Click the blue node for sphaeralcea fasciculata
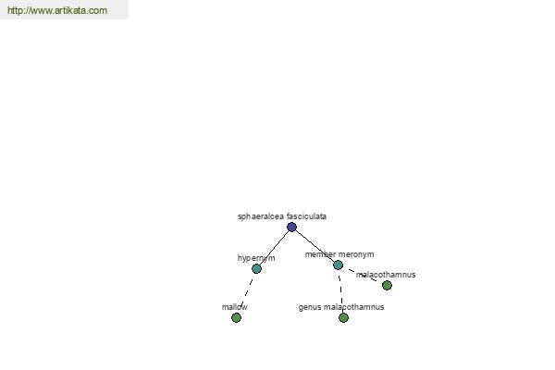(291, 227)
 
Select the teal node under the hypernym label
(256, 269)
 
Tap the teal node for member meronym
(338, 265)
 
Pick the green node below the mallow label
(236, 317)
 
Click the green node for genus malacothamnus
(343, 317)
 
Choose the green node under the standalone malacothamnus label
(387, 285)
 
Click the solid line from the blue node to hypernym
(275, 248)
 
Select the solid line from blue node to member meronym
(314, 246)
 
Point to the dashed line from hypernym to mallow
(246, 293)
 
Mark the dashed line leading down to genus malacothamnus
(340, 291)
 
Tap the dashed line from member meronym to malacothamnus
(363, 275)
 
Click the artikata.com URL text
(57, 10)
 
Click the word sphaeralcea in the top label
(261, 216)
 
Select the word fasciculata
(306, 216)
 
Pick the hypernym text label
(256, 258)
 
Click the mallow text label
(234, 307)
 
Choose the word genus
(310, 307)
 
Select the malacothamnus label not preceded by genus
(386, 275)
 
